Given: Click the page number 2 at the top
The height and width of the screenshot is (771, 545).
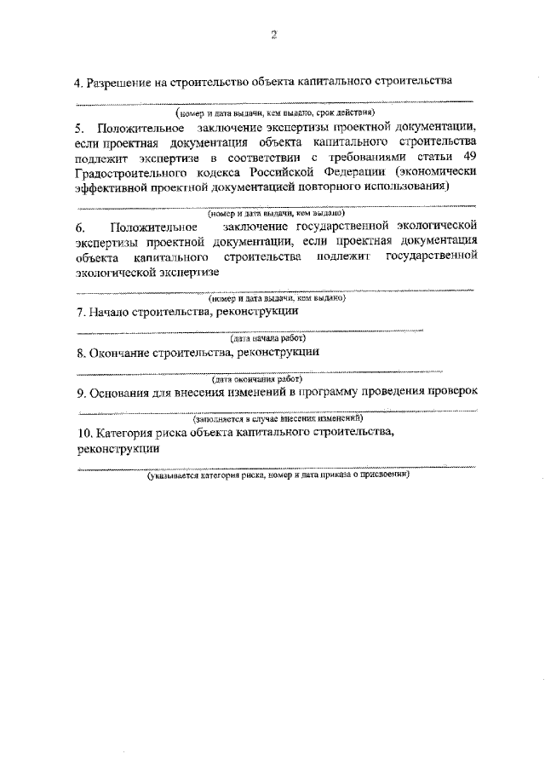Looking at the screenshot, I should click(274, 35).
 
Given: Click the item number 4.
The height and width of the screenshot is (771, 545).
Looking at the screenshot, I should click(77, 83).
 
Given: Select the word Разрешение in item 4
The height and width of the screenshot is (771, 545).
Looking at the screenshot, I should click(118, 83).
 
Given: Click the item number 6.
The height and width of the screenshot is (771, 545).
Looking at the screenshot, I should click(81, 227).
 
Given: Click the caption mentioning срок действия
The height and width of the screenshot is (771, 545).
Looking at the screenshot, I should click(277, 112).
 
